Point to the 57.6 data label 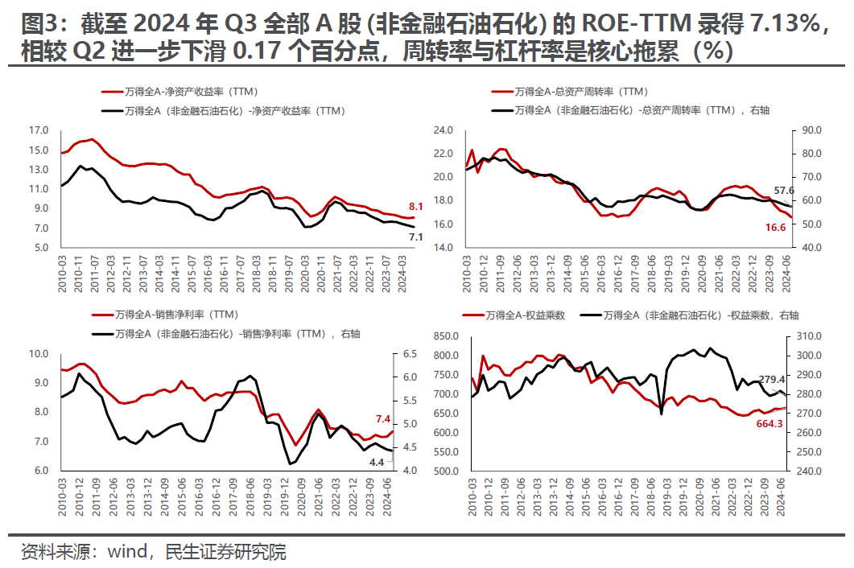pyautogui.click(x=785, y=191)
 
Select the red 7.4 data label pyautogui.click(x=382, y=419)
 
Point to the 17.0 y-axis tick pyautogui.click(x=39, y=130)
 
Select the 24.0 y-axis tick pyautogui.click(x=444, y=130)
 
